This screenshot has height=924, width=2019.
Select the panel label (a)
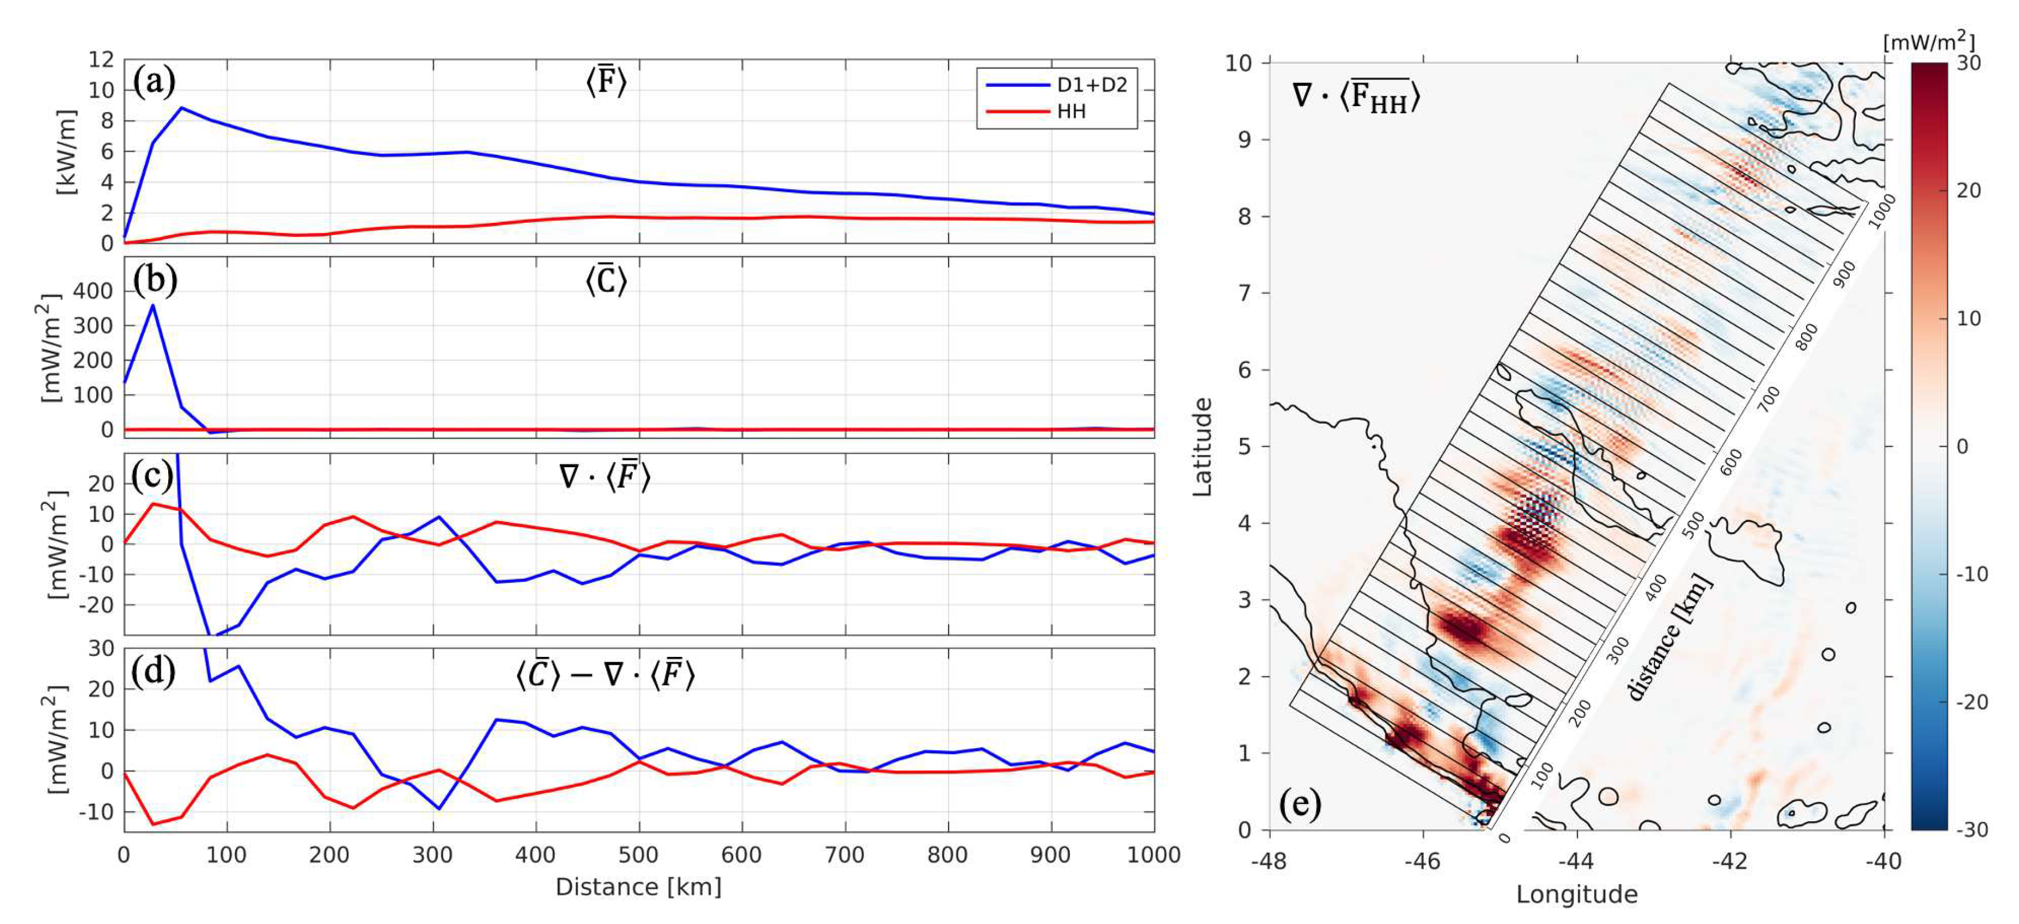click(x=154, y=81)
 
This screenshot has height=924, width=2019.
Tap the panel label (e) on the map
click(x=1299, y=803)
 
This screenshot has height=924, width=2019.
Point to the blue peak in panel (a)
click(x=182, y=108)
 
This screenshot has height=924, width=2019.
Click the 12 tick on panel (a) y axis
click(x=101, y=60)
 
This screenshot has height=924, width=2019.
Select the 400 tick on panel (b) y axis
click(x=92, y=291)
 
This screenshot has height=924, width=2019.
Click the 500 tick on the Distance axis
click(x=639, y=854)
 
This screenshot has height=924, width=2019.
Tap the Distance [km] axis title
click(x=638, y=887)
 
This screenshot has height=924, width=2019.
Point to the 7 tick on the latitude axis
click(x=1245, y=293)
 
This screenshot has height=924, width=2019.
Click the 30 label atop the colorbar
click(x=1969, y=62)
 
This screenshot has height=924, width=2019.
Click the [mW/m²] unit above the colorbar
click(x=1929, y=41)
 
